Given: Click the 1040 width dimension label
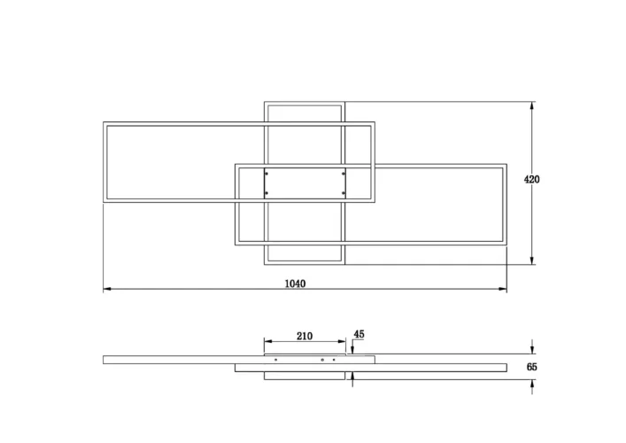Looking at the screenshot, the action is [295, 284].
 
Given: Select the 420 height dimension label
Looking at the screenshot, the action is [531, 179].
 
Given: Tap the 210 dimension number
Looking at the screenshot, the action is [305, 337].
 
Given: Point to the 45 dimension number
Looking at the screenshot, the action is [359, 334].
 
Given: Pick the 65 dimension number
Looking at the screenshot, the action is [532, 367].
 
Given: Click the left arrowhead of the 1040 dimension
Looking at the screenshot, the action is [107, 289].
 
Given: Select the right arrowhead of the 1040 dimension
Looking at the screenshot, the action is [503, 289].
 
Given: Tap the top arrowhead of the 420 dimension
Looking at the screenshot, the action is [532, 105].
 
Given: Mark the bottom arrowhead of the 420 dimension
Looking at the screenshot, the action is [532, 260].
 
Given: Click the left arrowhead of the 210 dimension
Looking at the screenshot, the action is [268, 341].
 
